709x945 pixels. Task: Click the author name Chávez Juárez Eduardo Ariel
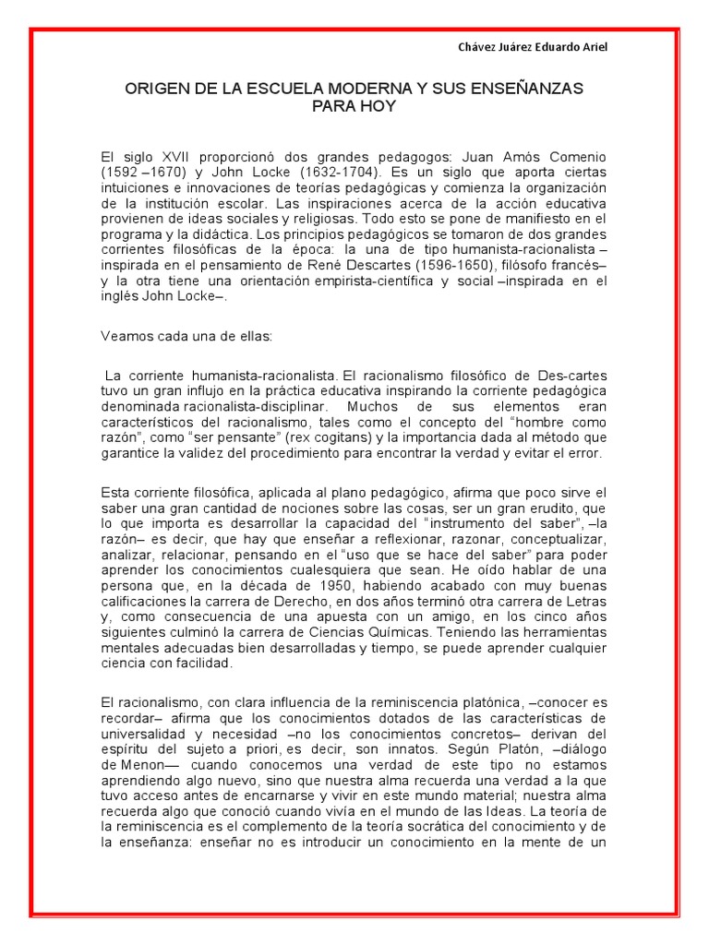pos(534,47)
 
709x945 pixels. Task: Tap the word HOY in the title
pos(378,106)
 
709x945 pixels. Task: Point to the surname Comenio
pos(577,156)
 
